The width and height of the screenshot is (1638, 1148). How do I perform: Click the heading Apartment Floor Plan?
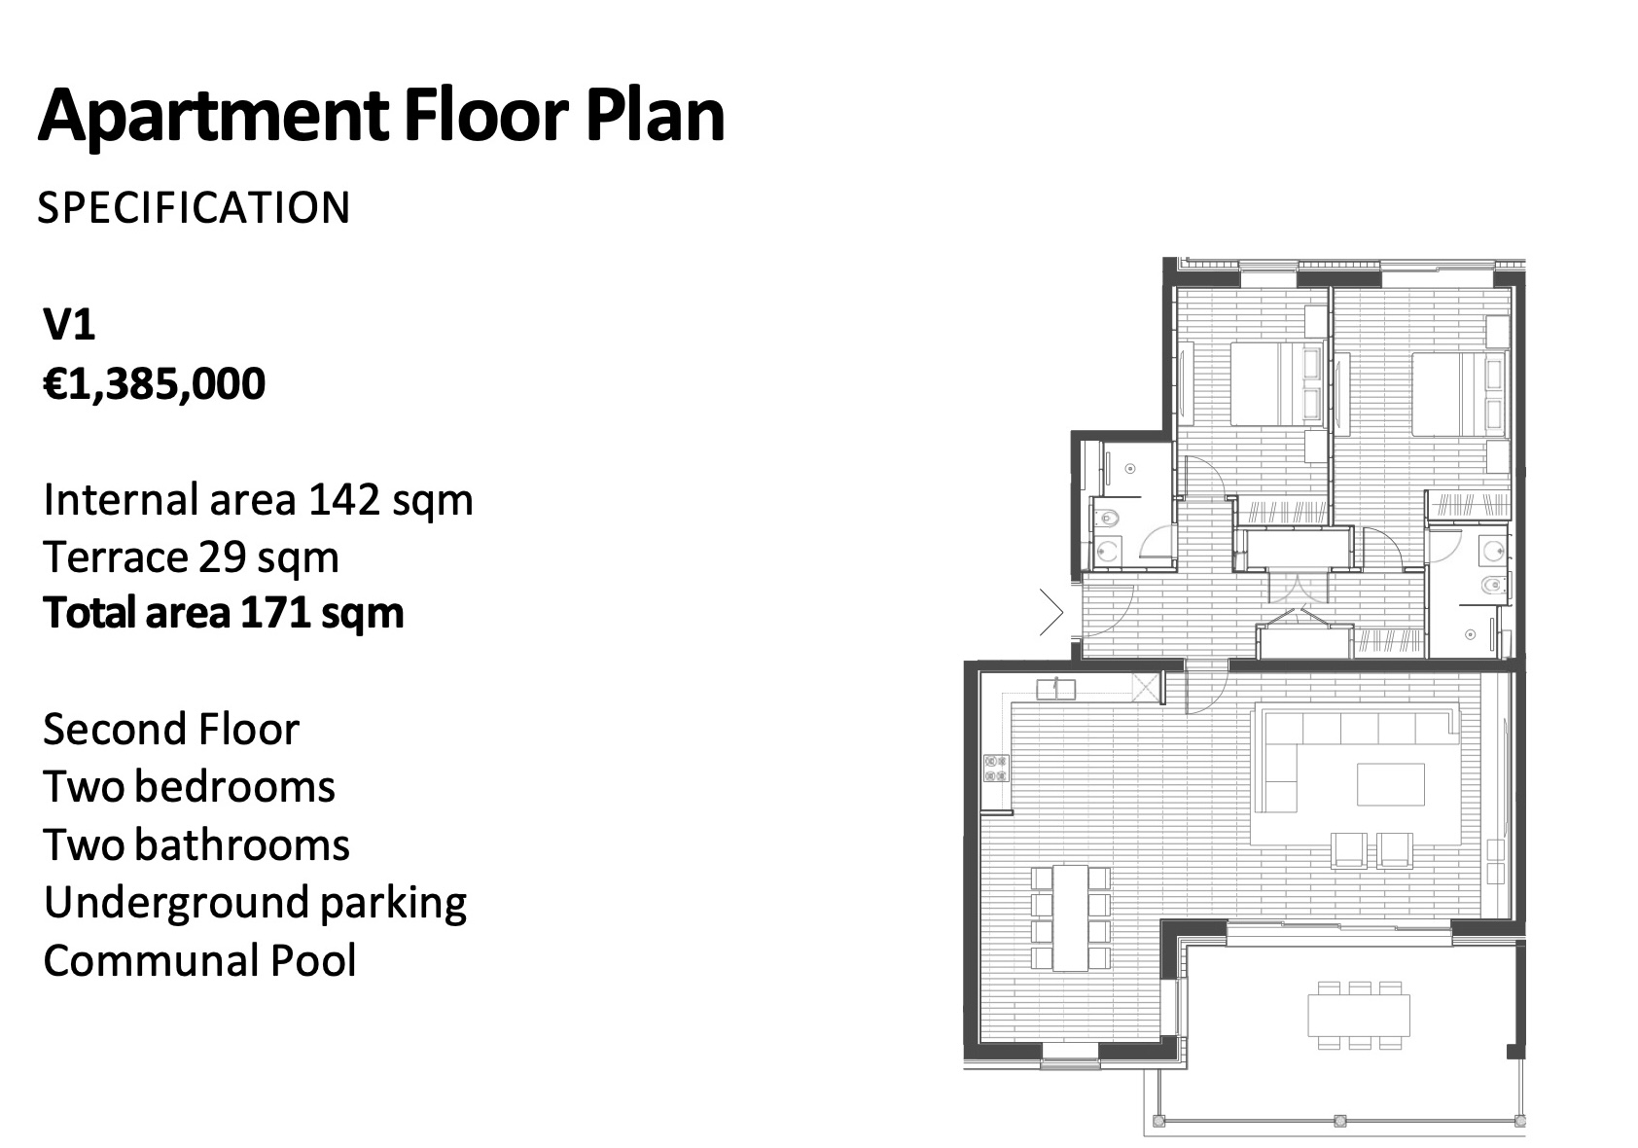point(381,115)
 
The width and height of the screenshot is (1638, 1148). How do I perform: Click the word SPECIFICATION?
point(194,207)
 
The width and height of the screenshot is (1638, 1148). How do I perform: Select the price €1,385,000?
point(155,384)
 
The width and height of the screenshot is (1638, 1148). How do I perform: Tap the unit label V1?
point(69,325)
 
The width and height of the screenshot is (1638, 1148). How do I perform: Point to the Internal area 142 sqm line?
point(258,501)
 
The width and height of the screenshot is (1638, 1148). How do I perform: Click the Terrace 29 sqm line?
point(192,557)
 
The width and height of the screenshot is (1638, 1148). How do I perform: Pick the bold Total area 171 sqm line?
point(224,613)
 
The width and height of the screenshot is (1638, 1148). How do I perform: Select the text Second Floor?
point(171,729)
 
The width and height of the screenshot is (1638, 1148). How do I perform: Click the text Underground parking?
point(255,904)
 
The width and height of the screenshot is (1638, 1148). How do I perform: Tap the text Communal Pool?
point(199,960)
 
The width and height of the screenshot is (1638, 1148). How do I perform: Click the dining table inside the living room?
point(1070,918)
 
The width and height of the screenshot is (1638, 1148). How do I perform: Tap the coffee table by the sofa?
point(1391,784)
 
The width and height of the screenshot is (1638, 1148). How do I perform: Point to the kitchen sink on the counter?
point(1056,689)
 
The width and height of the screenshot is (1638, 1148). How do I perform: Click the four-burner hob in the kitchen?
point(996,769)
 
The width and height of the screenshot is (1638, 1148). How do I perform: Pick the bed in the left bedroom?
point(1277,383)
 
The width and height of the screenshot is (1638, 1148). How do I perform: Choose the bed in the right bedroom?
point(1458,395)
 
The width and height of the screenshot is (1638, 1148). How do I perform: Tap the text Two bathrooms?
point(196,844)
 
